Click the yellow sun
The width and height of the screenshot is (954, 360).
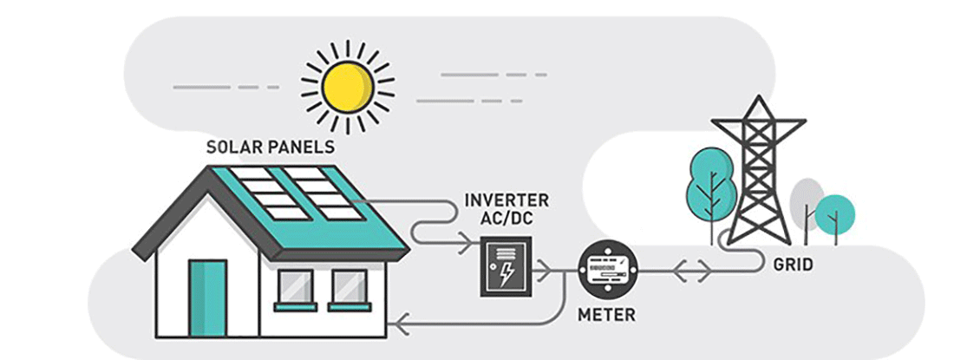[347, 85]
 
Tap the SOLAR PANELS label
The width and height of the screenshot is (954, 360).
[270, 147]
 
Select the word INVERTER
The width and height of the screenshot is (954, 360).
[506, 201]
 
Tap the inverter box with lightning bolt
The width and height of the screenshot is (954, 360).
[506, 268]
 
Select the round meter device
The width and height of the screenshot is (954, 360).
[608, 270]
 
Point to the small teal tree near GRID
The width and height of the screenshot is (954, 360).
[835, 212]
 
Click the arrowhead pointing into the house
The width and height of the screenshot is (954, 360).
[395, 324]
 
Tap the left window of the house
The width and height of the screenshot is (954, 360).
[296, 286]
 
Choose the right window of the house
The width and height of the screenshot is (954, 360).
[350, 286]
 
